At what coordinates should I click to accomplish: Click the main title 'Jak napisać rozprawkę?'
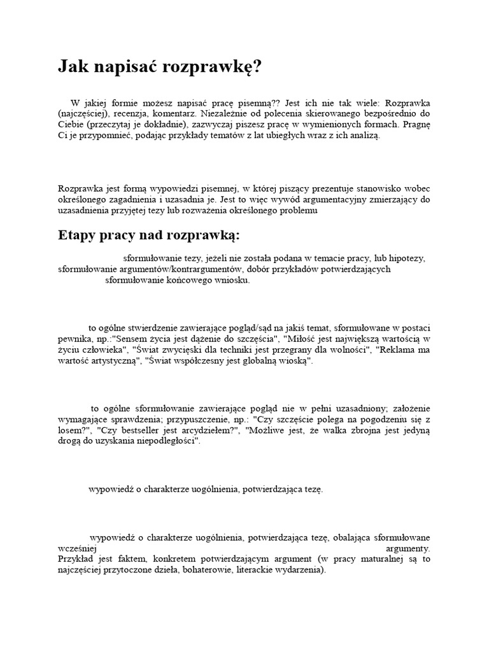pos(159,67)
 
